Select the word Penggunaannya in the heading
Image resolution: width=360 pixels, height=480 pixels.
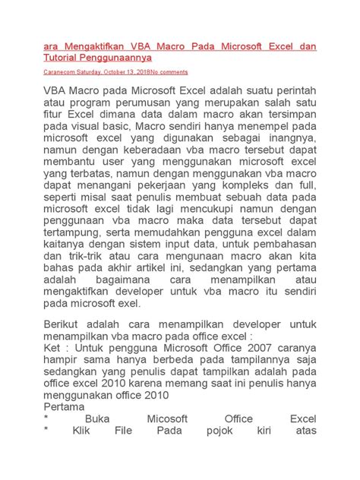click(115, 57)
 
